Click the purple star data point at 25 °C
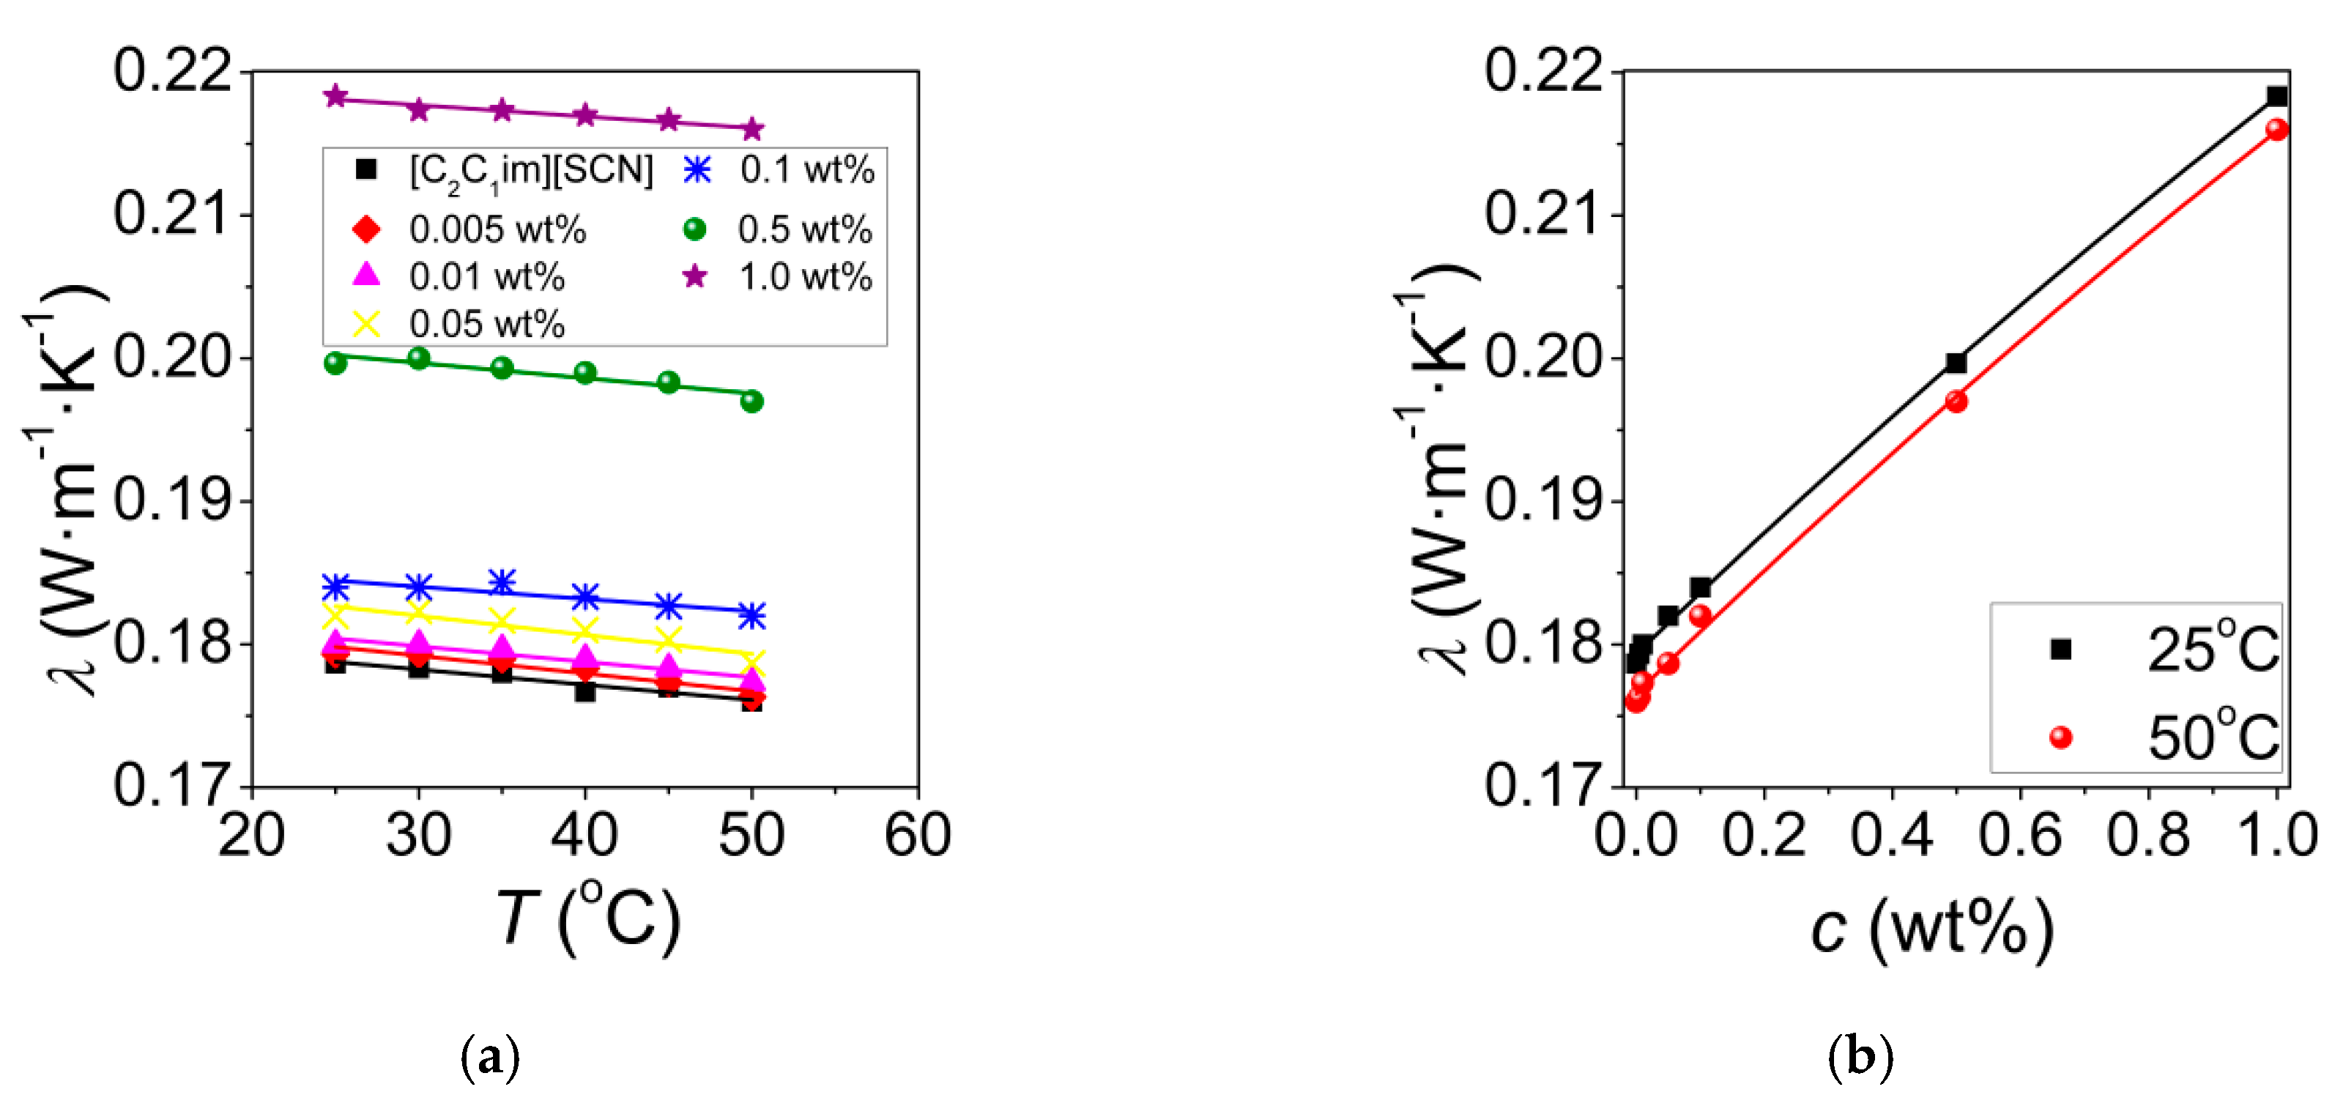[x=335, y=96]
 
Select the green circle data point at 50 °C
[x=751, y=401]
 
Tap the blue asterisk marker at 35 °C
[x=502, y=581]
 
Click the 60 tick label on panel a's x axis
[x=917, y=835]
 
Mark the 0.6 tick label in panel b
[x=2020, y=835]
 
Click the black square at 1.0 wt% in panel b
[x=2277, y=96]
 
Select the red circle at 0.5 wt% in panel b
[x=1956, y=401]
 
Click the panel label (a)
[x=491, y=1058]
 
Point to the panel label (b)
[x=1860, y=1058]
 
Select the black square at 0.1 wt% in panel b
[x=1700, y=588]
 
